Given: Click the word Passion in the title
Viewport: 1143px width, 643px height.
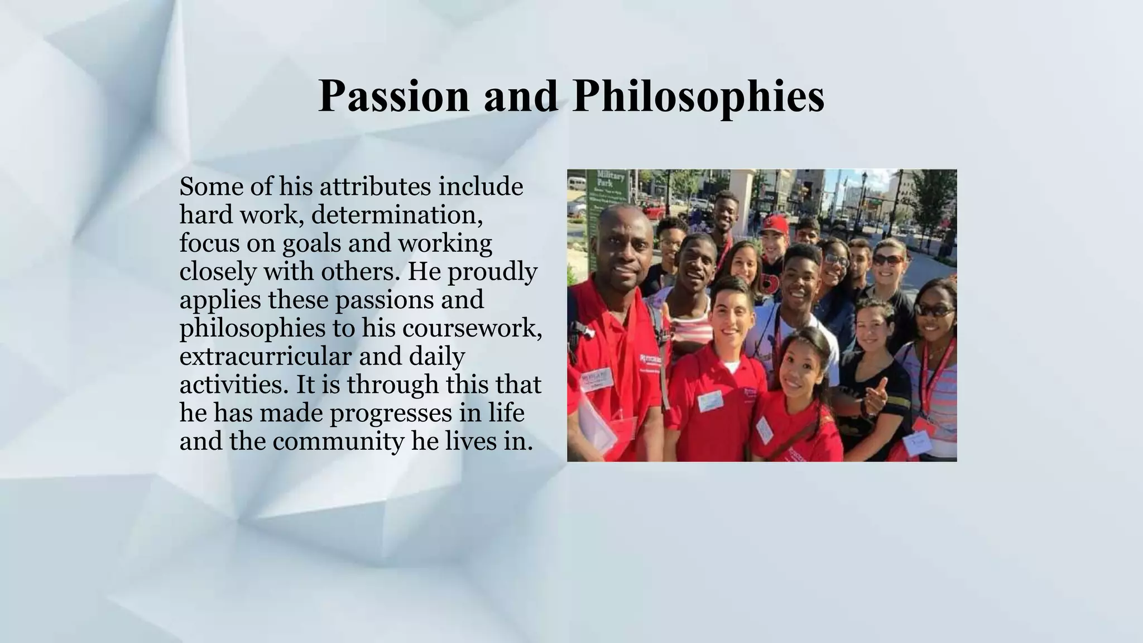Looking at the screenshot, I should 393,96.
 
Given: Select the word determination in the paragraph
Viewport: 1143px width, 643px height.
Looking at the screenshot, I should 397,215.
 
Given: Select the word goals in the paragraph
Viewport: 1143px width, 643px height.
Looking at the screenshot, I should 311,243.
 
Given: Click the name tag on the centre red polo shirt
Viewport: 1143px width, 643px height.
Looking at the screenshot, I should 709,401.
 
